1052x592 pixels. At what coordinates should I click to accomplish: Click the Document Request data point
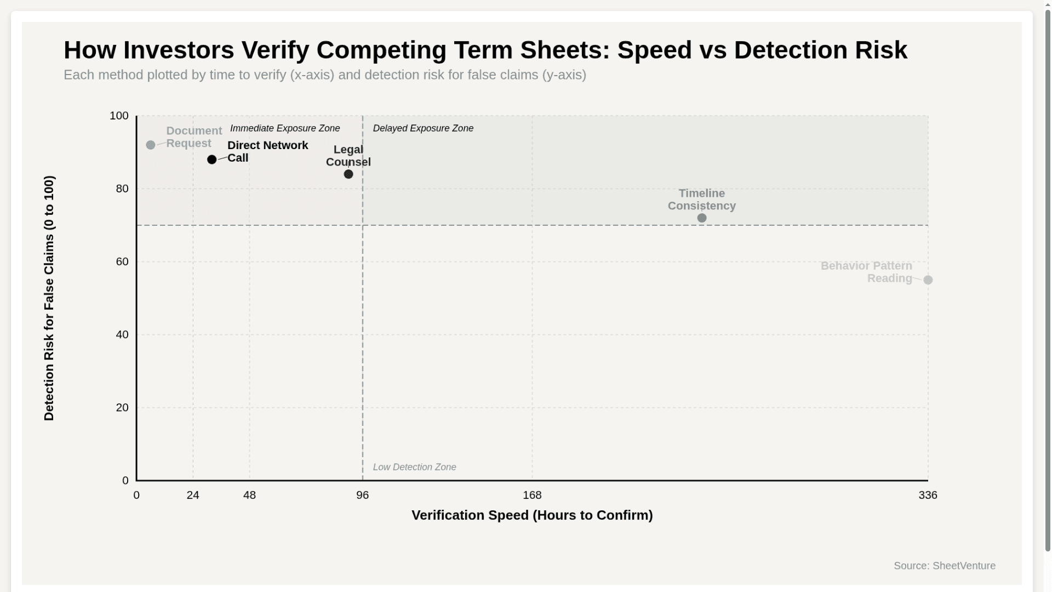(151, 145)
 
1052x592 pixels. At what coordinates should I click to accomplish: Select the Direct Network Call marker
(212, 160)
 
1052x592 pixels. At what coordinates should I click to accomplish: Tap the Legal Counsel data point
(348, 174)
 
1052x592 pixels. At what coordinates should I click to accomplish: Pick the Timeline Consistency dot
(702, 218)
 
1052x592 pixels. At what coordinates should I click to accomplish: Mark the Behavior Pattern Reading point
(928, 280)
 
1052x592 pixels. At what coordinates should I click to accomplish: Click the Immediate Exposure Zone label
(285, 128)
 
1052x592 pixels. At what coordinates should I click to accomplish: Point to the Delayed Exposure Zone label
(423, 128)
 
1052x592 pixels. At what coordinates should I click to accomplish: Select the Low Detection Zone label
(414, 467)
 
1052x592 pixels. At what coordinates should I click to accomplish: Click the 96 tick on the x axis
(363, 495)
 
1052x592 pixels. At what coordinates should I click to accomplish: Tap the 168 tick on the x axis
(532, 495)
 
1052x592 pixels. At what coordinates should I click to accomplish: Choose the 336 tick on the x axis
(928, 495)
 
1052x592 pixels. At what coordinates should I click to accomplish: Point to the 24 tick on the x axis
(193, 495)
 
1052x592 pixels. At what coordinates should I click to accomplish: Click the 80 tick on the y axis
(122, 189)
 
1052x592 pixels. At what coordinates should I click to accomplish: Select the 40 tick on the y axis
(122, 334)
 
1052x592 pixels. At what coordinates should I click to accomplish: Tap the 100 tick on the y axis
(119, 116)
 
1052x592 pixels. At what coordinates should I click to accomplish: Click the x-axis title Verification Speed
(532, 515)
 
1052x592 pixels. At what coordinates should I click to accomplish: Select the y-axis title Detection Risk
(49, 298)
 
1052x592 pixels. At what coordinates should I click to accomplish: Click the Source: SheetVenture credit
(945, 566)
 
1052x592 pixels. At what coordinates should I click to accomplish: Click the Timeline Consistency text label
(701, 200)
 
